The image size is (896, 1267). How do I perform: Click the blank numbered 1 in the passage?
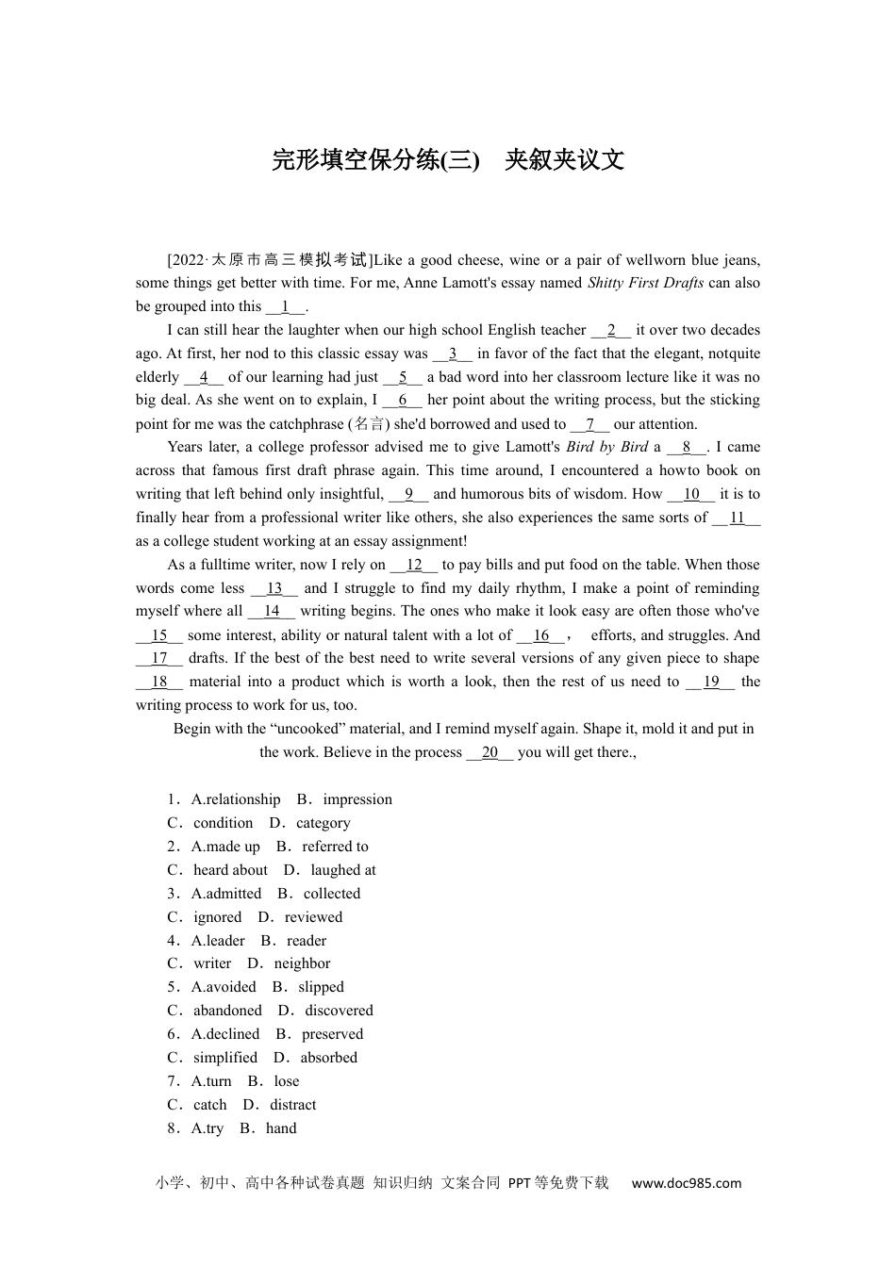point(285,306)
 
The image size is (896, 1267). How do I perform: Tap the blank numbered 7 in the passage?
point(590,424)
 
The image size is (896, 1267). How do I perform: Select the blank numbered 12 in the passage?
point(414,565)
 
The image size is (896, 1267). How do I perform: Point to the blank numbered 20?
point(489,752)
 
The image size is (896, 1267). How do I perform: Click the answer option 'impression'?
point(357,799)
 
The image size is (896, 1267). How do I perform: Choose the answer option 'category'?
point(323,823)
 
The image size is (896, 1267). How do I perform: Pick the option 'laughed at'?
point(342,870)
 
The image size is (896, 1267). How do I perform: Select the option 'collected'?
point(332,894)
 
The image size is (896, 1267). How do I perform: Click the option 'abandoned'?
point(227,1011)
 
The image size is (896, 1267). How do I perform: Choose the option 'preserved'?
point(332,1034)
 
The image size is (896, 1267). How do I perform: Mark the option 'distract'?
point(293,1105)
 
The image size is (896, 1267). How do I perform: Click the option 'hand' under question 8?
point(281,1128)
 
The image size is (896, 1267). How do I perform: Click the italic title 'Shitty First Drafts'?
point(645,283)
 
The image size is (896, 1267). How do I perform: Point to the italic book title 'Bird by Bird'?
point(607,447)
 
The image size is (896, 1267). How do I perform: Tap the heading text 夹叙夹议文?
point(564,160)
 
